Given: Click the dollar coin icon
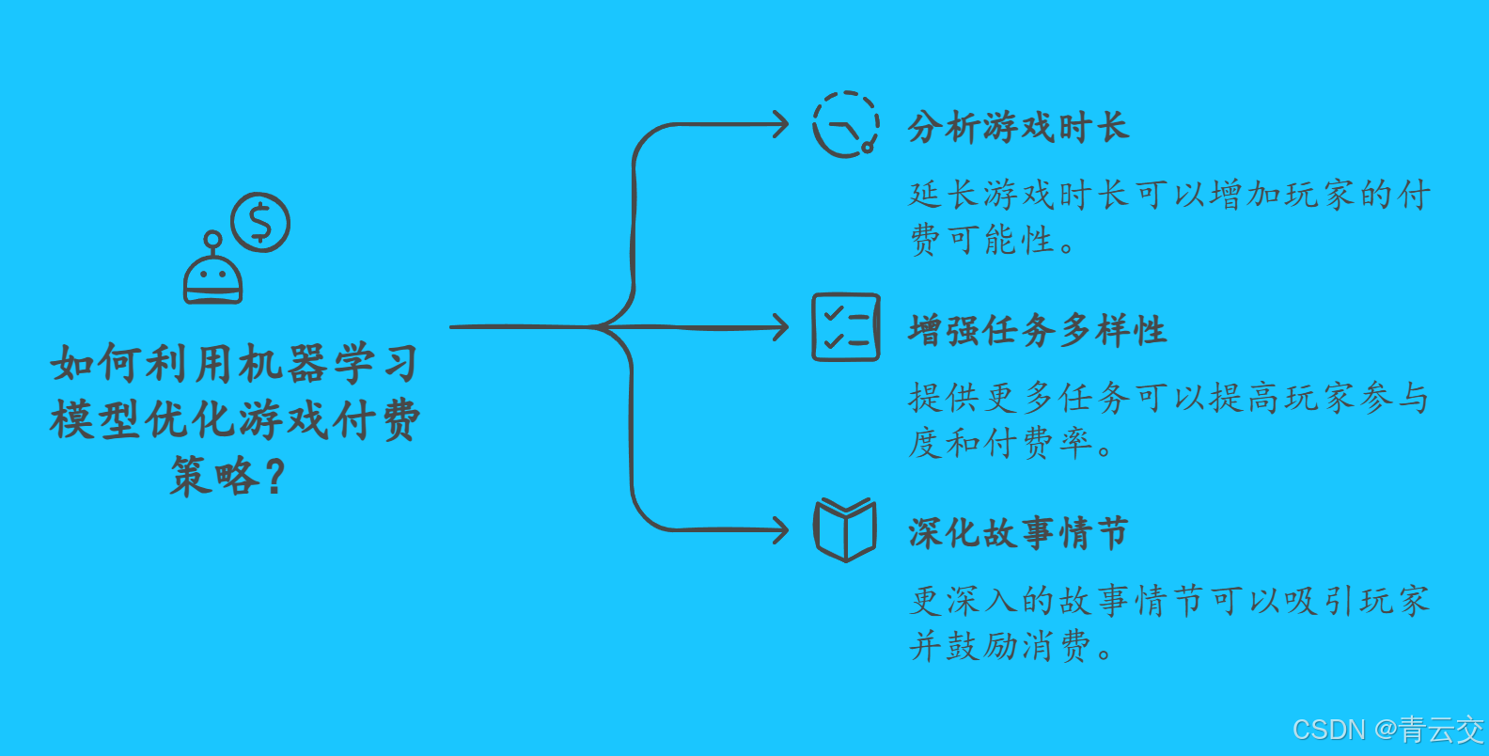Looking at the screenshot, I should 260,223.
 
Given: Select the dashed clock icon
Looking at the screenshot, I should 846,124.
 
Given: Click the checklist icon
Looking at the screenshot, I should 846,327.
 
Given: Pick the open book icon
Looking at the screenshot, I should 845,530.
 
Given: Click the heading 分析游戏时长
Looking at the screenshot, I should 1018,127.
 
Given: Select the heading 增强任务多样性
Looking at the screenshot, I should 1037,330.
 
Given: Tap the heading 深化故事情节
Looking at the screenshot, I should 1018,533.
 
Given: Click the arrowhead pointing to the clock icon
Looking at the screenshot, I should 780,124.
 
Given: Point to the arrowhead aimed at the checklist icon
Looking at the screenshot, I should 780,327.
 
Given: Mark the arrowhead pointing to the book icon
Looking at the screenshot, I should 780,530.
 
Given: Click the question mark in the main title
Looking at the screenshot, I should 274,476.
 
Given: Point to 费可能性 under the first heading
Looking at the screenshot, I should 981,240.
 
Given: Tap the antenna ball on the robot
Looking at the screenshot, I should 213,239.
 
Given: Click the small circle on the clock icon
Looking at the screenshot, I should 868,147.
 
